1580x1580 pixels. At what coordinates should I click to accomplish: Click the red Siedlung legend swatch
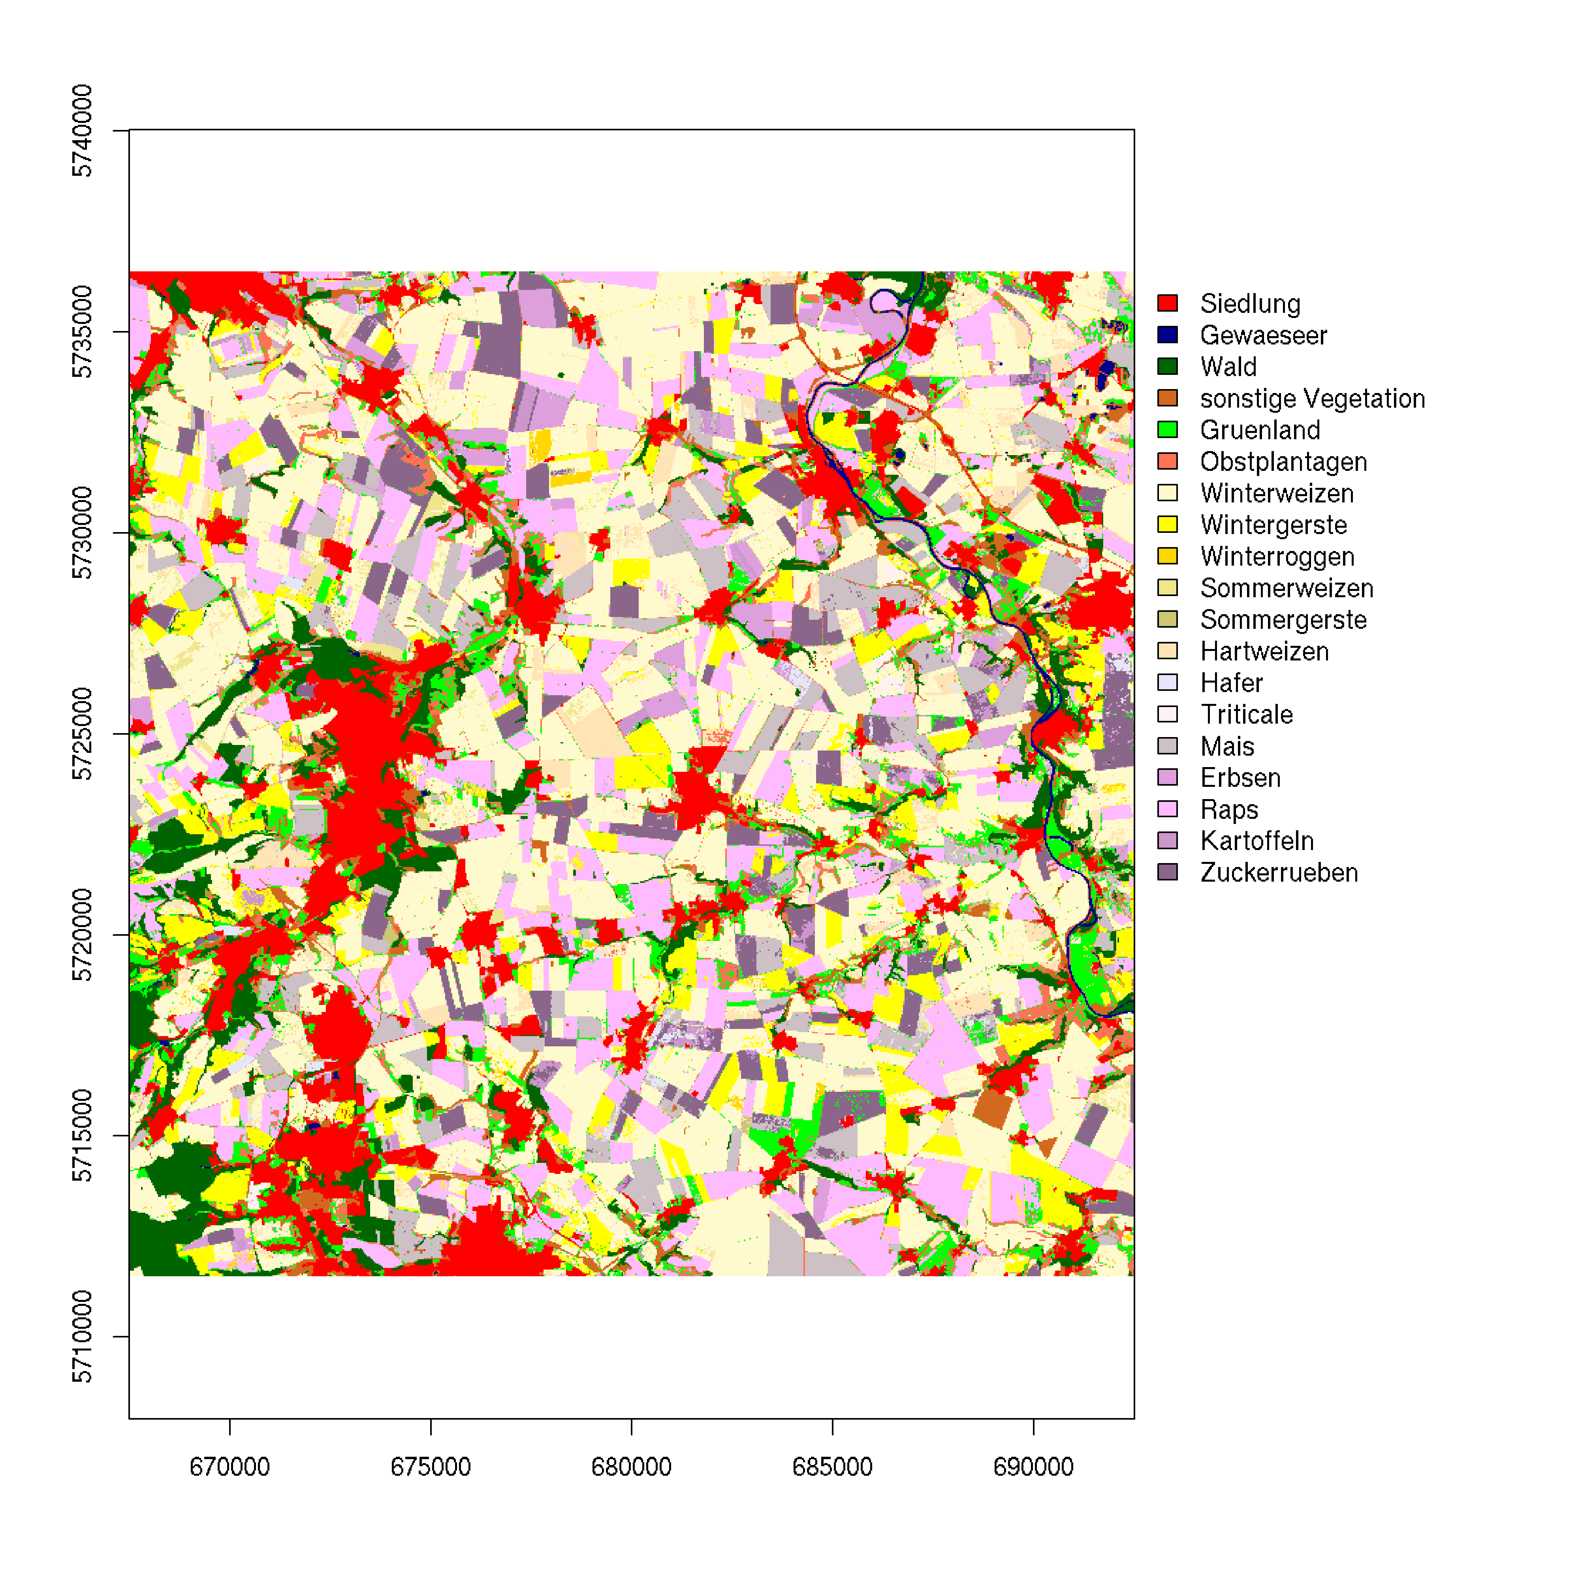[1167, 303]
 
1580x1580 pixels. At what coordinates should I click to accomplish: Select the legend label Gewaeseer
[1263, 335]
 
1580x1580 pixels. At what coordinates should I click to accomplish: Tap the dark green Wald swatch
[1167, 367]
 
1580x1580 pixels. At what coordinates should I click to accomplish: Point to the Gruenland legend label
[1259, 430]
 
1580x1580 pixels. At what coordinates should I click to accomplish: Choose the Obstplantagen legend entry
[1282, 462]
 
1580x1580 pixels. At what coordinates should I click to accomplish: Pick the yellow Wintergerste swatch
[1167, 524]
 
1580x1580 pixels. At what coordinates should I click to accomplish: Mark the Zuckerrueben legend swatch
[1167, 873]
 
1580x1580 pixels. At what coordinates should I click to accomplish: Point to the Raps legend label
[1228, 810]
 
